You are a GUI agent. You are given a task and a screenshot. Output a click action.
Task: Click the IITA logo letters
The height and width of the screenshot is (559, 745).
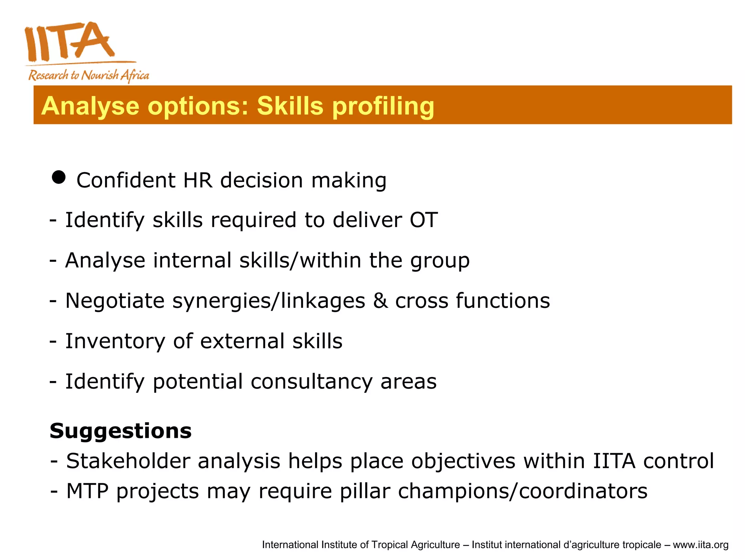pyautogui.click(x=69, y=42)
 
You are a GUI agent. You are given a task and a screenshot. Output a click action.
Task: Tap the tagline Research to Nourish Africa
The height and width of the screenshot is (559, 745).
pyautogui.click(x=89, y=75)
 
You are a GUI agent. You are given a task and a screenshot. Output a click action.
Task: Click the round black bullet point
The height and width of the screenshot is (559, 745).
pyautogui.click(x=59, y=178)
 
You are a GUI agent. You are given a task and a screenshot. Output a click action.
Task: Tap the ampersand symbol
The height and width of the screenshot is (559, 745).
pyautogui.click(x=380, y=301)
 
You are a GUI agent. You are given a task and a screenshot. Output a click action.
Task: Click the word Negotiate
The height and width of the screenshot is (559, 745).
pyautogui.click(x=115, y=301)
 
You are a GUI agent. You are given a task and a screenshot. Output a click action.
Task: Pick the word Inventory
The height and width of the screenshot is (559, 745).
pyautogui.click(x=115, y=341)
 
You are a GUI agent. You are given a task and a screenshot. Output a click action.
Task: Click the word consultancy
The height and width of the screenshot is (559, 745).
pyautogui.click(x=311, y=382)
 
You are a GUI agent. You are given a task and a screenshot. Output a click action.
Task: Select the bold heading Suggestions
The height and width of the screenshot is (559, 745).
pyautogui.click(x=120, y=431)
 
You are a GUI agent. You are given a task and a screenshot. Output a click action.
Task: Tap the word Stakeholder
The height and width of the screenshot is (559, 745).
pyautogui.click(x=128, y=461)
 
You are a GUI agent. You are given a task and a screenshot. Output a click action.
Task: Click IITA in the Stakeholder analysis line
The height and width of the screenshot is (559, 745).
pyautogui.click(x=614, y=461)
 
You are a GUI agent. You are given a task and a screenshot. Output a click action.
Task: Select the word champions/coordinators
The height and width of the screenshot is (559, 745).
pyautogui.click(x=523, y=491)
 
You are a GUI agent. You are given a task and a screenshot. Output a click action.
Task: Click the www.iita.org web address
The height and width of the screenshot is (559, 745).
pyautogui.click(x=700, y=545)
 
